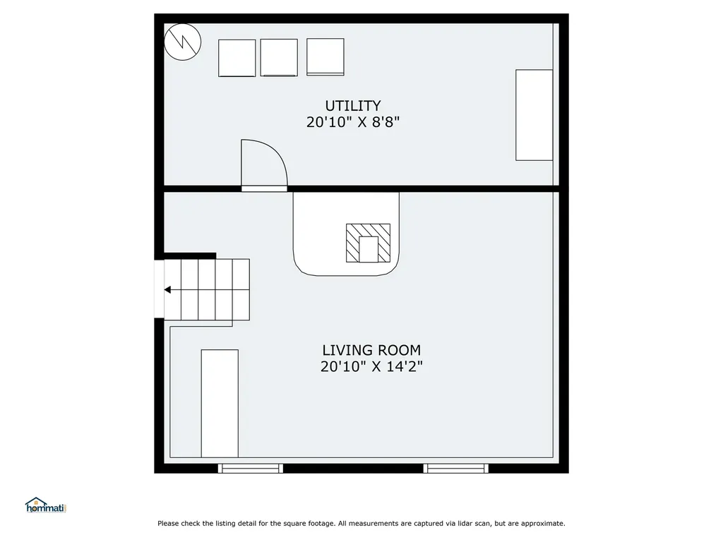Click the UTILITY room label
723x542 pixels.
click(x=353, y=106)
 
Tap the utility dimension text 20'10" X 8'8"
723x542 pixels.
click(x=353, y=122)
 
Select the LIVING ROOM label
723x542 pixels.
click(x=371, y=350)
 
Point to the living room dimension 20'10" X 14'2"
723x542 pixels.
click(x=371, y=367)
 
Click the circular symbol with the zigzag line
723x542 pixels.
click(x=183, y=42)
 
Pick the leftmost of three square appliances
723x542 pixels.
click(x=237, y=58)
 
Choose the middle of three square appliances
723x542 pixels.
click(x=279, y=58)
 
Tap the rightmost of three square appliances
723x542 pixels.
click(x=325, y=56)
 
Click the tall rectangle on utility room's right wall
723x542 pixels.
click(x=534, y=115)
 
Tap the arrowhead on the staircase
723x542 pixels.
click(x=167, y=290)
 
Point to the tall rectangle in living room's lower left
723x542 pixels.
click(x=220, y=403)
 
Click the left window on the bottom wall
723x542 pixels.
click(x=251, y=469)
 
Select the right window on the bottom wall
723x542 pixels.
click(x=455, y=469)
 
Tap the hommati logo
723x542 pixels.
click(x=46, y=505)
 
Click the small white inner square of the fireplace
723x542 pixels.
click(x=369, y=249)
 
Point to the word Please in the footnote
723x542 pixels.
click(x=168, y=523)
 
